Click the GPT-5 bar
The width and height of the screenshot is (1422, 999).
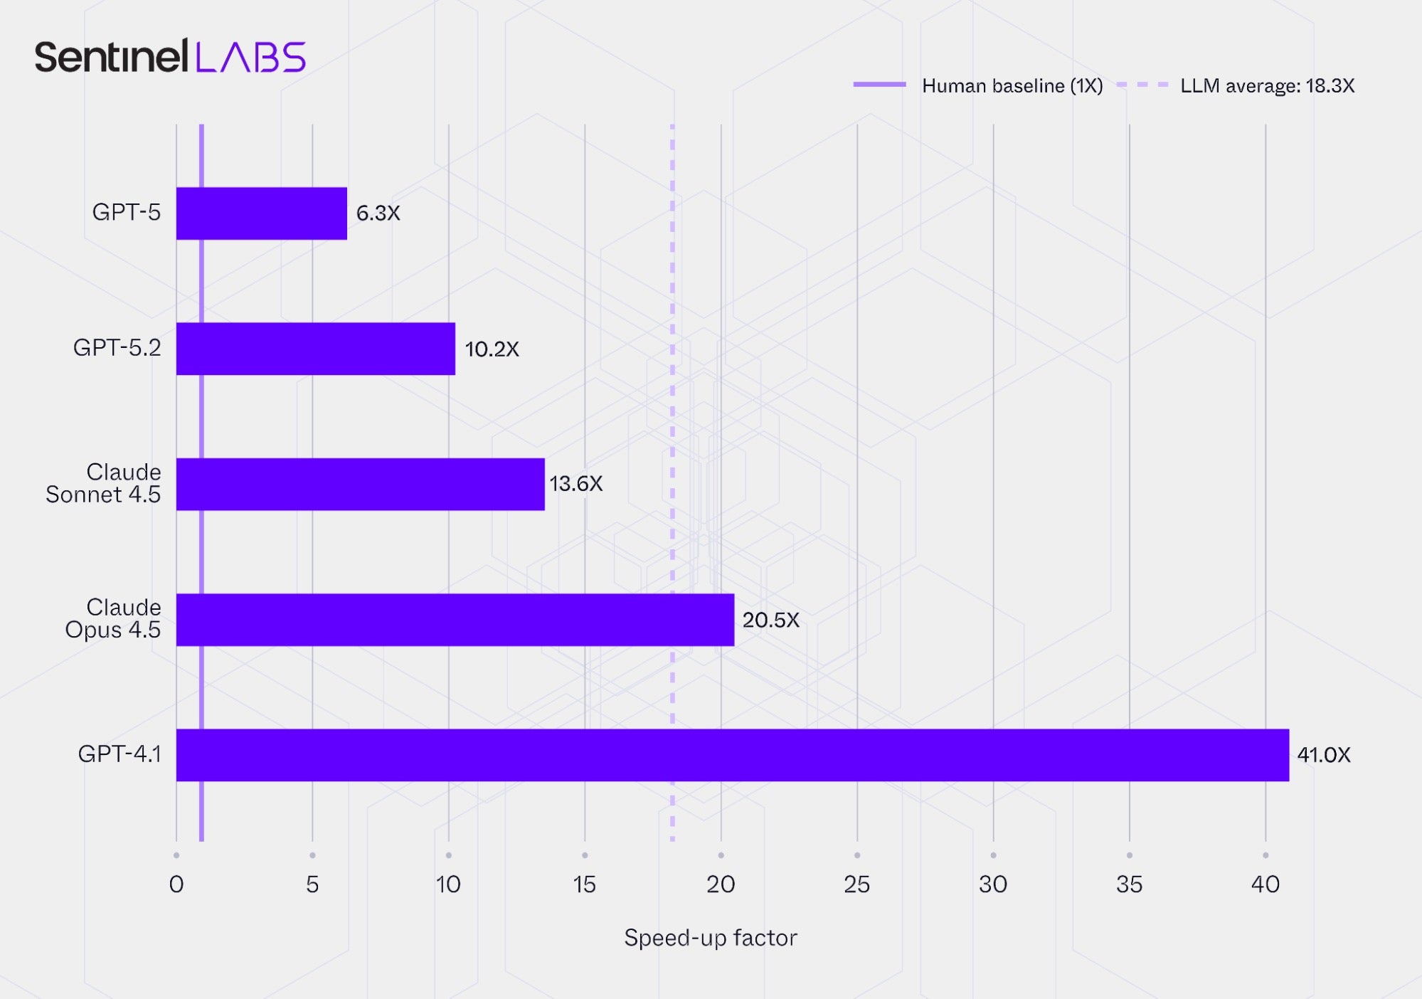tap(261, 213)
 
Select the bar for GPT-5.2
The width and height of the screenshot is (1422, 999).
tap(315, 349)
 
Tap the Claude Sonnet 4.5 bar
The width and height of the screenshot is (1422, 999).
tap(360, 484)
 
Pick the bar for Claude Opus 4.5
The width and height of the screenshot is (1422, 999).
tap(455, 620)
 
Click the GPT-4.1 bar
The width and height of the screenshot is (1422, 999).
tap(732, 755)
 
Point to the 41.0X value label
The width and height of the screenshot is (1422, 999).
tap(1323, 755)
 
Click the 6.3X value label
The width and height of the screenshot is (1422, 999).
tap(378, 213)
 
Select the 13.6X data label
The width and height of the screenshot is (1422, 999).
tap(575, 484)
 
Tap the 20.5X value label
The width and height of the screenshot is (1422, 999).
tap(770, 620)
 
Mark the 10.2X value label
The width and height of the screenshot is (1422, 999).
tap(492, 349)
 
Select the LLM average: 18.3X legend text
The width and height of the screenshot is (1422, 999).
tap(1267, 86)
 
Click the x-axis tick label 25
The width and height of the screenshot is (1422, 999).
tap(856, 884)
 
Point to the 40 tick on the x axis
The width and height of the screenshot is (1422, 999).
tap(1265, 884)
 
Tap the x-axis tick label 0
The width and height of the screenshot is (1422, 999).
tap(176, 884)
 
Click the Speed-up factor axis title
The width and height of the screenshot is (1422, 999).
tap(710, 938)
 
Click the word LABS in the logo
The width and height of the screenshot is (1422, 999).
tap(250, 57)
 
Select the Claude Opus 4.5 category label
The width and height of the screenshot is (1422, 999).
tap(113, 618)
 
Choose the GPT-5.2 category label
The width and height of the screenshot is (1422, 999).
tap(117, 348)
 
